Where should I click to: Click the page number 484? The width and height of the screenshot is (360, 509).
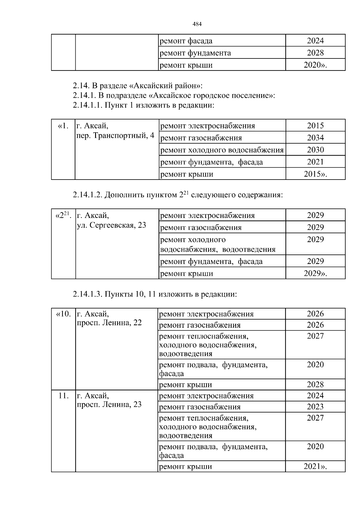click(197, 24)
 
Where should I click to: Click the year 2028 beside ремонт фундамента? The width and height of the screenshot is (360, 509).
click(315, 53)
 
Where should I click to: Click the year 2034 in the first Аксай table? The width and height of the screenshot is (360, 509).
click(315, 138)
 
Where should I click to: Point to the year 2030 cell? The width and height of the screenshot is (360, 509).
click(315, 150)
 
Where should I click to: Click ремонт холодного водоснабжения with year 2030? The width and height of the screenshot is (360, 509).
click(222, 150)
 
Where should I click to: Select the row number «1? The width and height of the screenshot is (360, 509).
click(63, 126)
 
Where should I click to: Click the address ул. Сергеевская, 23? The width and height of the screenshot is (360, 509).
click(112, 225)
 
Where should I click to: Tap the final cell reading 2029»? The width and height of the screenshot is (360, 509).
click(315, 273)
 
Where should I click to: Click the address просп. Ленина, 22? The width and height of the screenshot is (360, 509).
click(109, 323)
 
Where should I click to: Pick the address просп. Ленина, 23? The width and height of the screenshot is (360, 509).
click(109, 404)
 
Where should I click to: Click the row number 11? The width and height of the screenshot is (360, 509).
click(63, 396)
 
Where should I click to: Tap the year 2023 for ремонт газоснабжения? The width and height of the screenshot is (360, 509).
click(315, 407)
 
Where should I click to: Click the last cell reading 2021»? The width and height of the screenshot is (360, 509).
click(315, 466)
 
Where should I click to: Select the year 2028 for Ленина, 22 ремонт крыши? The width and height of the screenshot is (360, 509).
click(315, 385)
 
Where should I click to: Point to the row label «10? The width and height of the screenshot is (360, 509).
click(63, 314)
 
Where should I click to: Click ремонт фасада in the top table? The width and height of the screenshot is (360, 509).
click(186, 41)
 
